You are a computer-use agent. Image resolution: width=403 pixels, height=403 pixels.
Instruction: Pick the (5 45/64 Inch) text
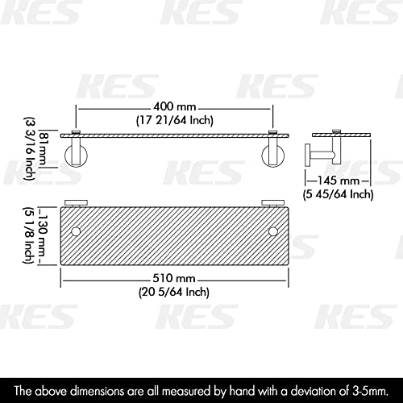click(x=338, y=193)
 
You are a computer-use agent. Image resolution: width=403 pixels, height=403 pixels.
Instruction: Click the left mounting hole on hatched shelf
click(x=76, y=232)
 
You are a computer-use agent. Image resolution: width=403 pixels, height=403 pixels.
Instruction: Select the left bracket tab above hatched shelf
click(x=75, y=201)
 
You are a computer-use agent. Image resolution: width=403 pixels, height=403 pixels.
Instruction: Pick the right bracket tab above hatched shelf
click(x=272, y=201)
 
